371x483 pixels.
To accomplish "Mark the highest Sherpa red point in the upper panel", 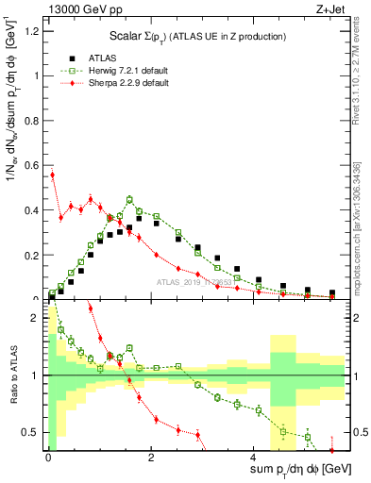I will [53, 175].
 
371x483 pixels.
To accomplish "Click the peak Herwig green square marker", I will [129, 199].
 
